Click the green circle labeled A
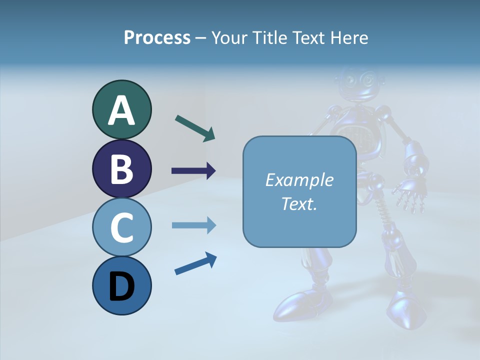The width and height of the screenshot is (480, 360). pyautogui.click(x=121, y=110)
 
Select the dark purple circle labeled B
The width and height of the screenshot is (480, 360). pyautogui.click(x=121, y=168)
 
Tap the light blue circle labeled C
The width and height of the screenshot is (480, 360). pyautogui.click(x=121, y=227)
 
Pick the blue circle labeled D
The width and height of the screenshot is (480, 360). pyautogui.click(x=121, y=285)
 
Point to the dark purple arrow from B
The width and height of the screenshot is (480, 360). pyautogui.click(x=193, y=171)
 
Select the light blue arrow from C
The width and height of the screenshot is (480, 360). pyautogui.click(x=193, y=225)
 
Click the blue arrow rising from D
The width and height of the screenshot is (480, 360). pyautogui.click(x=195, y=264)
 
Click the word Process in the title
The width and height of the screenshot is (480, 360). pyautogui.click(x=157, y=38)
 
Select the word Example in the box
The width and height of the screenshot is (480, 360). pyautogui.click(x=299, y=180)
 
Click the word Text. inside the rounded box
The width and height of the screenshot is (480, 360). pyautogui.click(x=299, y=203)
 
